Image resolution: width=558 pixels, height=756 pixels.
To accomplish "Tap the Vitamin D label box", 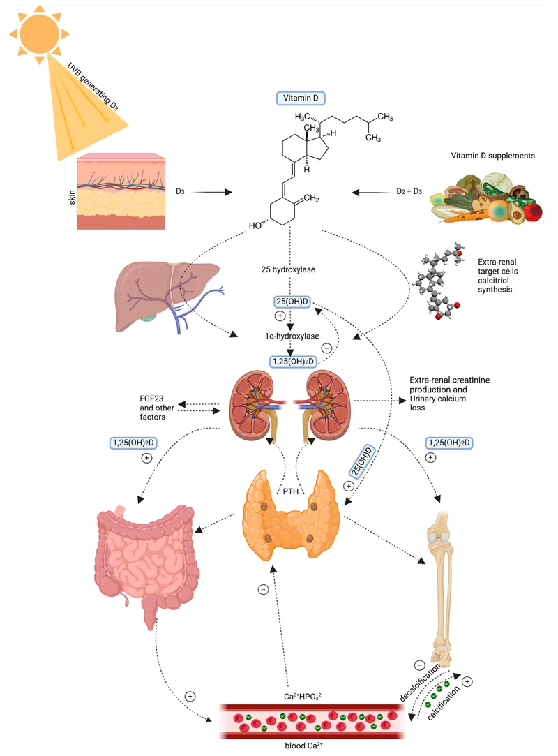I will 301,98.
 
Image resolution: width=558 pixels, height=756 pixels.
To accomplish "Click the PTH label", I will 291,491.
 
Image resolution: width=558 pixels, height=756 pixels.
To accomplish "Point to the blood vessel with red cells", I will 311,721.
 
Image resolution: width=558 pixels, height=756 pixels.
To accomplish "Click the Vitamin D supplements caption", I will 492,156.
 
